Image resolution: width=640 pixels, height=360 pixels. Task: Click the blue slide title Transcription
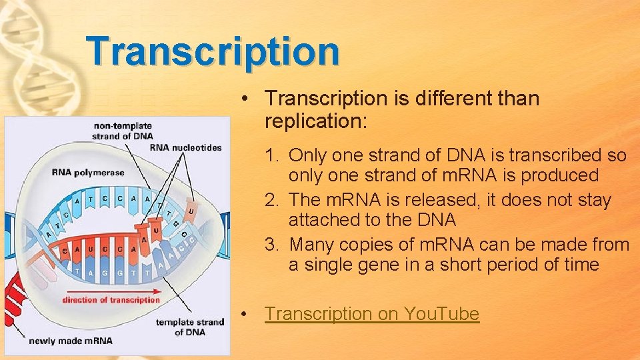(213, 51)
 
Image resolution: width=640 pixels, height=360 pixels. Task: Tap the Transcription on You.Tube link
(371, 313)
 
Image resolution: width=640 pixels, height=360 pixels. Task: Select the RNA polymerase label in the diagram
(88, 173)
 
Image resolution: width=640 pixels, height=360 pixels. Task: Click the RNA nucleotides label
(185, 147)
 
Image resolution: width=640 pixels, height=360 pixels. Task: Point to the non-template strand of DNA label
(123, 131)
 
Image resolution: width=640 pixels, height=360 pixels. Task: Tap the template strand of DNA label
(189, 327)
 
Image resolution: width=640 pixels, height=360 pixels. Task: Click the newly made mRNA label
(71, 341)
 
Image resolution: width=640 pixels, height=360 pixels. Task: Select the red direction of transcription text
(111, 299)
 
